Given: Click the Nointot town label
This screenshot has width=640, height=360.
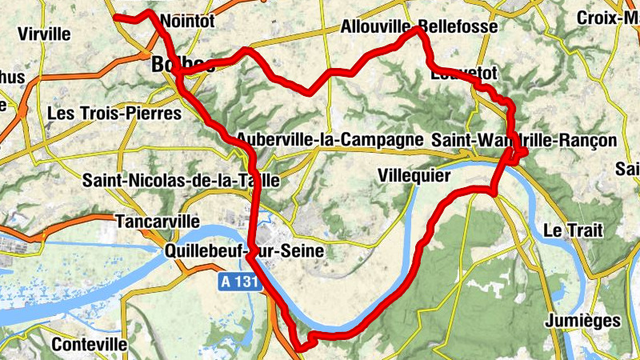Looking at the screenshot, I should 187,22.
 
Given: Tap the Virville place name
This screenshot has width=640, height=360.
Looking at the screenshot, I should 44,34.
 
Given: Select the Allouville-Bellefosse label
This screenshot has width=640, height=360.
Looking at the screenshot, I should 419,26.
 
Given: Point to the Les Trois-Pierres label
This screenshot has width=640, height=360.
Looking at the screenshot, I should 114,114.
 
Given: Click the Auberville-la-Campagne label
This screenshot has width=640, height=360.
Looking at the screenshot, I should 329,139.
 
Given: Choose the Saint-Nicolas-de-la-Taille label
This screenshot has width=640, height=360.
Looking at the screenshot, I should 181,181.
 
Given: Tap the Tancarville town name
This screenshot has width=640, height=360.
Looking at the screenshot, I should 156,220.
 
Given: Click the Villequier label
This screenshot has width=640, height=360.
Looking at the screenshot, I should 414,174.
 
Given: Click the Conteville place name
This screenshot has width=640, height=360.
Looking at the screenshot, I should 89,344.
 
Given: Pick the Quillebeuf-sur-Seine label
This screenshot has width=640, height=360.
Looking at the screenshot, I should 244,251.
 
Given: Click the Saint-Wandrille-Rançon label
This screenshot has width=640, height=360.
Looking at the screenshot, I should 524,140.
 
